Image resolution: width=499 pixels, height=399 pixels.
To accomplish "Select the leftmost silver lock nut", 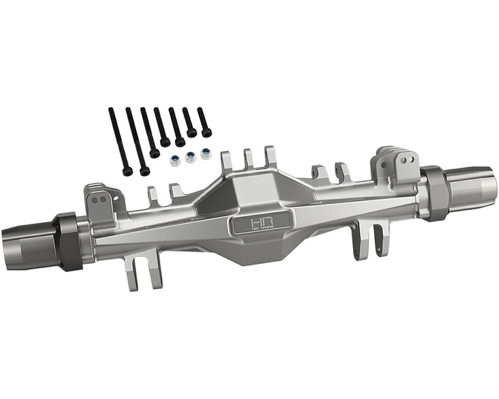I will click(x=175, y=161).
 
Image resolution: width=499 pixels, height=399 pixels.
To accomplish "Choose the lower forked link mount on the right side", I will click(x=361, y=241).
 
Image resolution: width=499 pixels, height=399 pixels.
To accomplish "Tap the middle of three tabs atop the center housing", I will click(x=249, y=159).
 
